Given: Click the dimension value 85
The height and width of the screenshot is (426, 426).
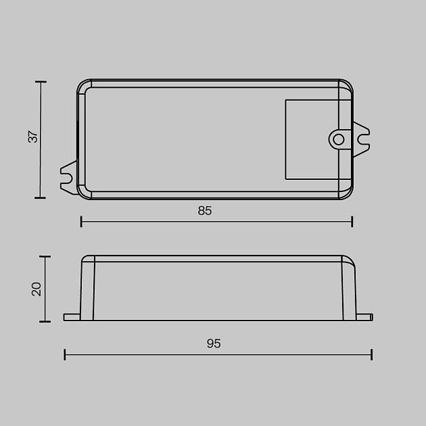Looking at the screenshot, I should [205, 211].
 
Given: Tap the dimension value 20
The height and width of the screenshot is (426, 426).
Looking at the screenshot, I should [37, 289].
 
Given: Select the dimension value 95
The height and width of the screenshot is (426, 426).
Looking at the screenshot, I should [214, 344].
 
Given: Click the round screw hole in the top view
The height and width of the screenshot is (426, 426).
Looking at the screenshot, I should [338, 139].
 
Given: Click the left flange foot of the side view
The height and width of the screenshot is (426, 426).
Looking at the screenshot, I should [72, 316].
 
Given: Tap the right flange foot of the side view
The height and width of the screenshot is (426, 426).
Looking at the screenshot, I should [364, 316].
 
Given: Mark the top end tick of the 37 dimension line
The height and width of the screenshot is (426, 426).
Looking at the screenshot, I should [41, 82].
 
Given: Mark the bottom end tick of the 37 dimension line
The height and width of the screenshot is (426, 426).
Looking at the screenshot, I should [41, 197].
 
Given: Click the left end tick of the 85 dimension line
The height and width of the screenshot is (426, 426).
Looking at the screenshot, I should [81, 221].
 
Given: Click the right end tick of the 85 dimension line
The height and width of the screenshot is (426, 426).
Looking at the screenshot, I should [352, 221].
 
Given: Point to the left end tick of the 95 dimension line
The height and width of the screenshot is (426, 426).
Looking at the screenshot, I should [65, 354].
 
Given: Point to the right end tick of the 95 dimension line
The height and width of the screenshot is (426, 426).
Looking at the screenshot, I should [371, 354].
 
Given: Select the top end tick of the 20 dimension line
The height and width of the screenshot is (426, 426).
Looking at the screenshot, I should [45, 257].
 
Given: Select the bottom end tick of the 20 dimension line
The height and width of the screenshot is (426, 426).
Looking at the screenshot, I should [45, 321].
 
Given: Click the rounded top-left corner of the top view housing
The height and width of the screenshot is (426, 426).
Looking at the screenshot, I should [84, 86].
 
